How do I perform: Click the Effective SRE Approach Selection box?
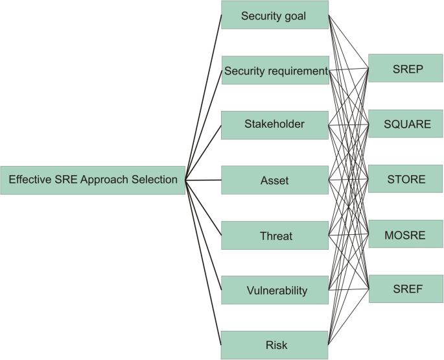point(93,180)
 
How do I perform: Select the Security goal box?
point(274,15)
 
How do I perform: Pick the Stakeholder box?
point(274,125)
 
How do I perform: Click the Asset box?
point(274,180)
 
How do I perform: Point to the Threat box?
point(274,235)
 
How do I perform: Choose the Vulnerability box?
point(274,290)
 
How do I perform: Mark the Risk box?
point(274,344)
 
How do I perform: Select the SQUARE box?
point(406,124)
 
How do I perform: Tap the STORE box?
point(406,179)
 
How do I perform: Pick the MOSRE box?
point(406,234)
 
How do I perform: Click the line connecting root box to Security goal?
point(204,97)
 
